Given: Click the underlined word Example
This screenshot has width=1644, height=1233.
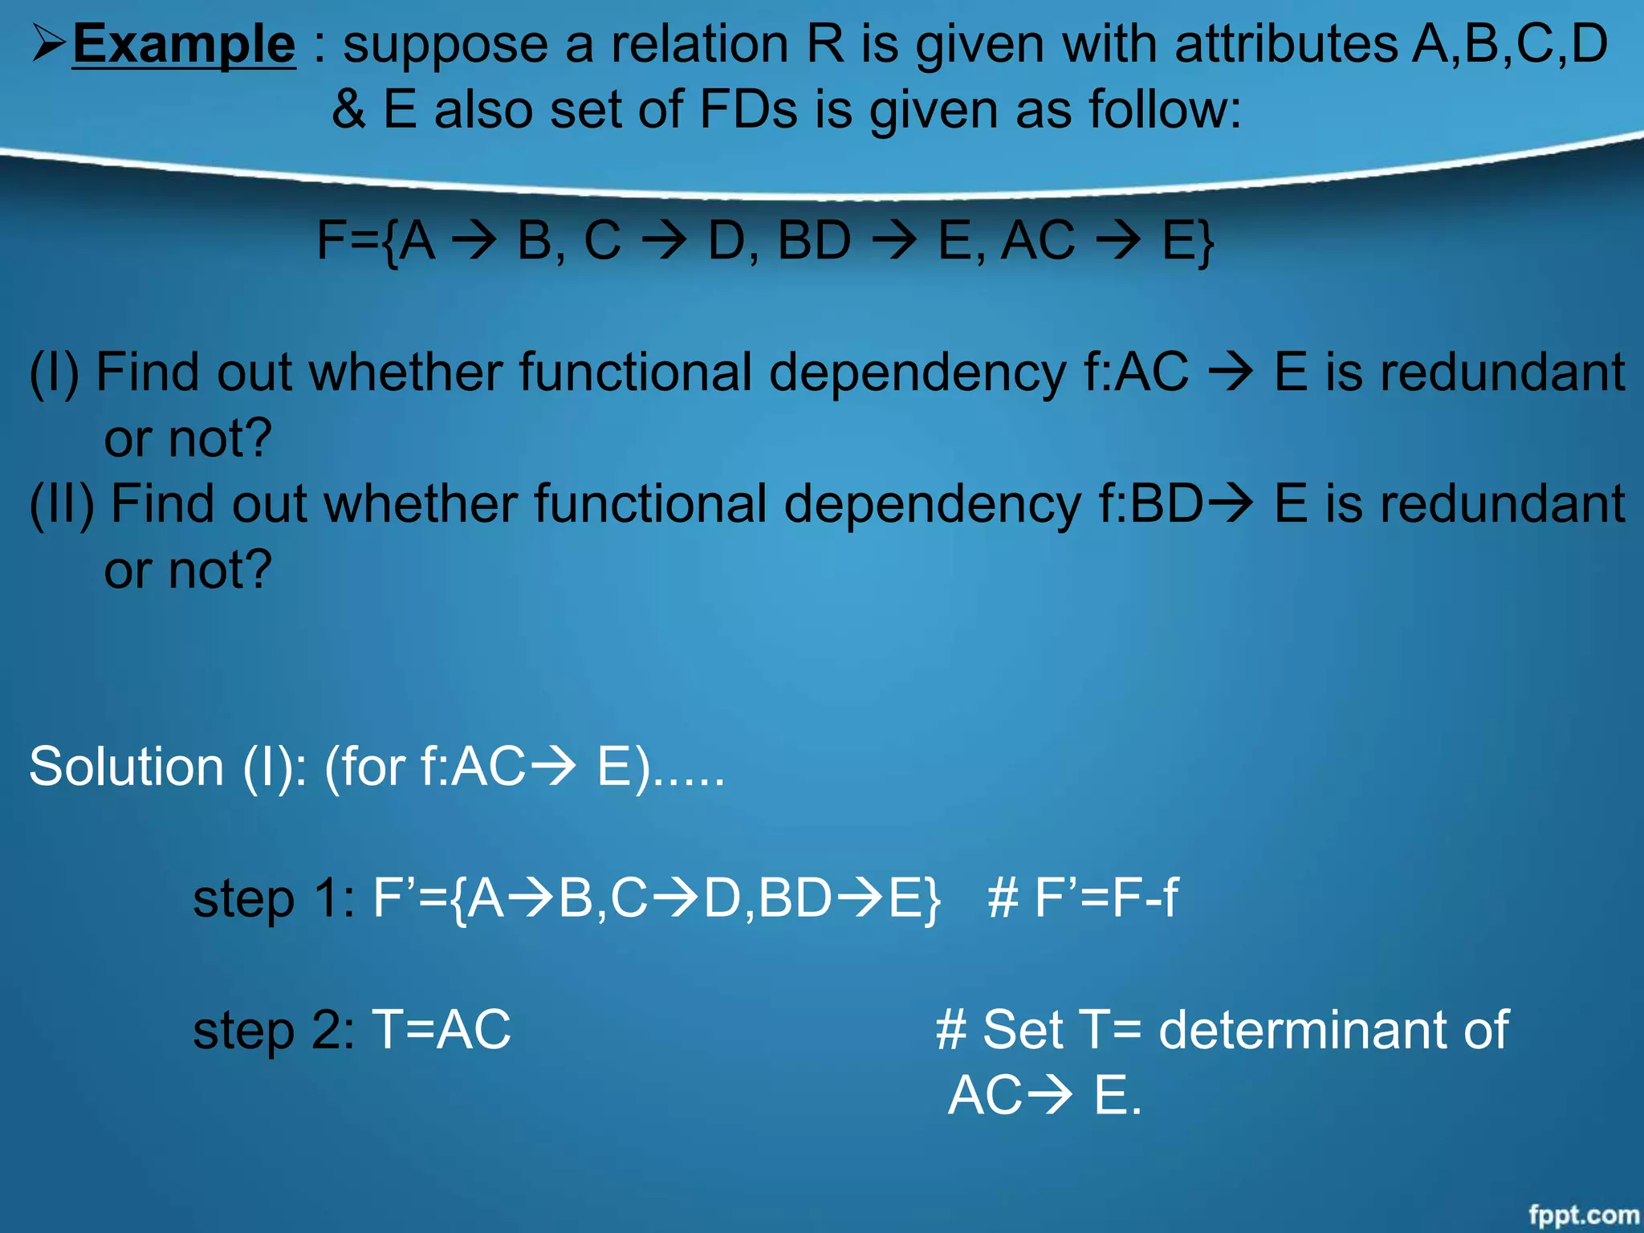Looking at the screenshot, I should (184, 44).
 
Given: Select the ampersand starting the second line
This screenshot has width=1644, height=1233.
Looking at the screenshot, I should (348, 109).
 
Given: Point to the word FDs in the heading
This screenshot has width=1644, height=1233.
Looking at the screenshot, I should (748, 109).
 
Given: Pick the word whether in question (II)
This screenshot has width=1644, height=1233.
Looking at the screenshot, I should (421, 505).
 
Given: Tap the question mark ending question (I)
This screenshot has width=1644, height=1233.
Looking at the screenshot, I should (257, 439).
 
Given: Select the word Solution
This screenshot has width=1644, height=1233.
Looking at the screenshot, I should (126, 767).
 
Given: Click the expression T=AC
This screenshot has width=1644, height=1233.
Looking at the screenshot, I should (441, 1030).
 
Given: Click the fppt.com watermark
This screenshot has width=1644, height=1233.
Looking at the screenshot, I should (1583, 1215).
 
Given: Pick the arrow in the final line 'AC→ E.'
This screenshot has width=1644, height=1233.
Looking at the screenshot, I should (1048, 1096).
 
